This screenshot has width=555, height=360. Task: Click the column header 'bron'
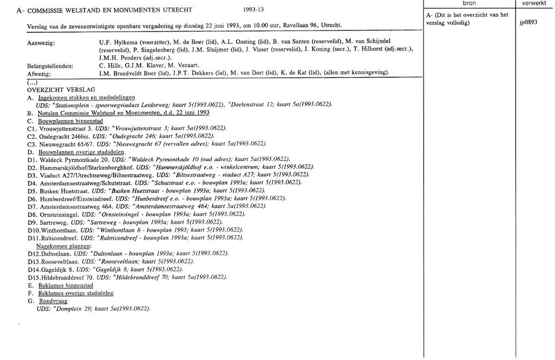[469, 3]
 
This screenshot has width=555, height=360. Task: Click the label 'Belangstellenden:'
[50, 65]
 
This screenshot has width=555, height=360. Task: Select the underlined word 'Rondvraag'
[53, 301]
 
